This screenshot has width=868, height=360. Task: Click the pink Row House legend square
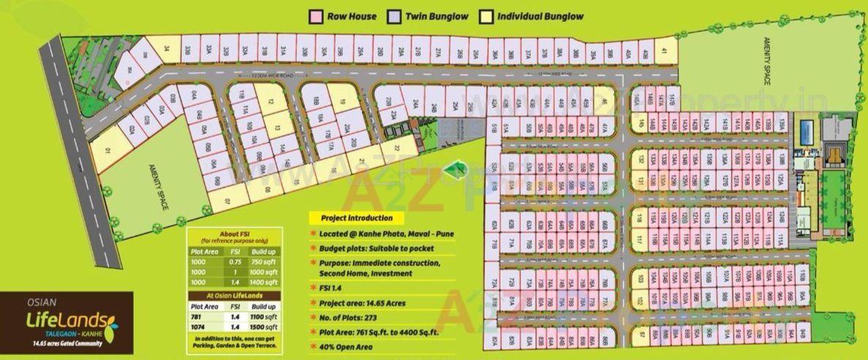pyautogui.click(x=316, y=16)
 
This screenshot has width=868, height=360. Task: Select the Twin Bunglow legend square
pyautogui.click(x=394, y=16)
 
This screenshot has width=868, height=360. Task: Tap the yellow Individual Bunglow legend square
pyautogui.click(x=486, y=16)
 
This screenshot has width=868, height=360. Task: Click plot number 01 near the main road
pyautogui.click(x=107, y=151)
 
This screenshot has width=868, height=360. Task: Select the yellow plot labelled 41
pyautogui.click(x=663, y=51)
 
